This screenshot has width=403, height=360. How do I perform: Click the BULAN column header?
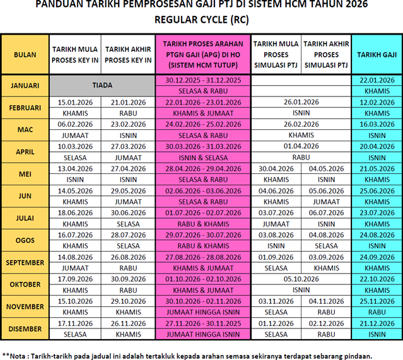pyautogui.click(x=25, y=55)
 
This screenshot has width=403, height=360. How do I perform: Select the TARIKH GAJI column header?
pyautogui.click(x=377, y=55)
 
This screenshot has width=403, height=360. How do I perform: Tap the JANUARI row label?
pyautogui.click(x=25, y=85)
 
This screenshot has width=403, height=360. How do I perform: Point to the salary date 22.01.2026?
pyautogui.click(x=377, y=80)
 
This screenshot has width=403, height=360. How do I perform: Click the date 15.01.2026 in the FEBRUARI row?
pyautogui.click(x=75, y=102)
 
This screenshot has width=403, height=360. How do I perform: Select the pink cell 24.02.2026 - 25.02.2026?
pyautogui.click(x=203, y=124)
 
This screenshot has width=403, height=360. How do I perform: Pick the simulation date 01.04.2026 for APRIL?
pyautogui.click(x=301, y=146)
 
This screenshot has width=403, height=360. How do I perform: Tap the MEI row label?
pyautogui.click(x=25, y=173)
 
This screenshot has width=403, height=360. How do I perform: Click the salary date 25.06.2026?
pyautogui.click(x=377, y=190)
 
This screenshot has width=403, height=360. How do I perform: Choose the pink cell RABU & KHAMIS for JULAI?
pyautogui.click(x=203, y=223)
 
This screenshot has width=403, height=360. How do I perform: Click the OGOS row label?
pyautogui.click(x=25, y=240)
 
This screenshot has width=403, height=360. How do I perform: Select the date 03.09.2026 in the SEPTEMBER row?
pyautogui.click(x=326, y=257)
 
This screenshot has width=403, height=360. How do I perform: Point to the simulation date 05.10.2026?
pyautogui.click(x=301, y=279)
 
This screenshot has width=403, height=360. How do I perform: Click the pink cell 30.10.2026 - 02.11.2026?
pyautogui.click(x=203, y=301)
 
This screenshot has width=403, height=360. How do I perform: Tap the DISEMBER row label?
pyautogui.click(x=25, y=328)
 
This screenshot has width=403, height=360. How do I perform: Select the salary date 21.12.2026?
pyautogui.click(x=377, y=323)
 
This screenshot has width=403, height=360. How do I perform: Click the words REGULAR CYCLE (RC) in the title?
pyautogui.click(x=201, y=20)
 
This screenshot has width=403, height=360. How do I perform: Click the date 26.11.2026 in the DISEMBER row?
pyautogui.click(x=128, y=323)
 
